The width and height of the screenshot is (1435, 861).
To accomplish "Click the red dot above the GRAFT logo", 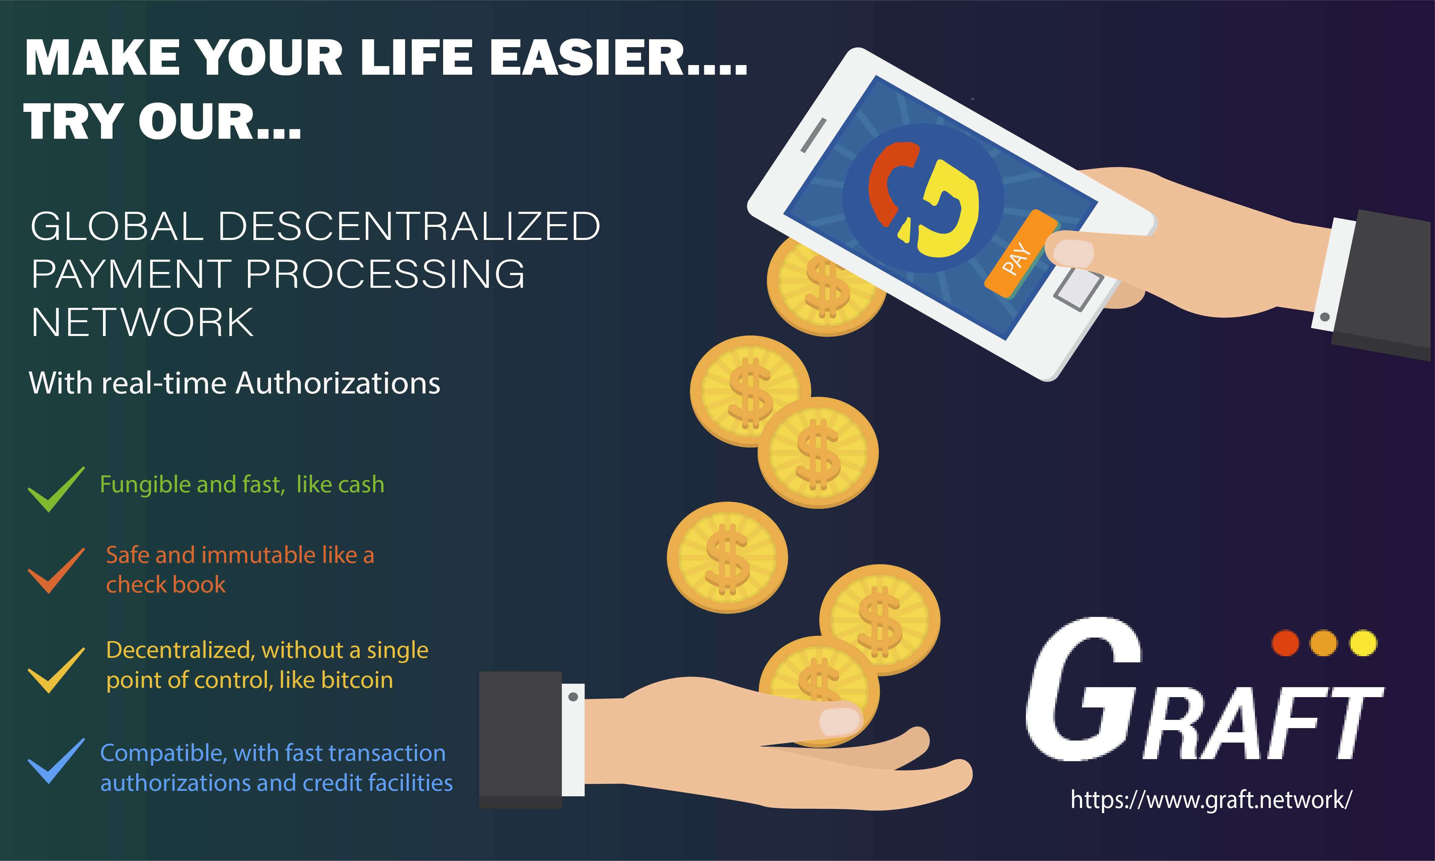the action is pos(1285,643).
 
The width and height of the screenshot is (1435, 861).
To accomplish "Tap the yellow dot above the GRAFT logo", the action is pos(1363,643).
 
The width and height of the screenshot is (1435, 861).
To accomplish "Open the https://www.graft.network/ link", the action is pos(1211,799).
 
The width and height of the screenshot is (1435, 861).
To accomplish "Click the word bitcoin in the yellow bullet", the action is pos(357,680).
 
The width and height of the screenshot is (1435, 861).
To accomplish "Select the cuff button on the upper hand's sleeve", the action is pos(1325,317).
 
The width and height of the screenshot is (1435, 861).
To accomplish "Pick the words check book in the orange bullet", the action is pos(165,584).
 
